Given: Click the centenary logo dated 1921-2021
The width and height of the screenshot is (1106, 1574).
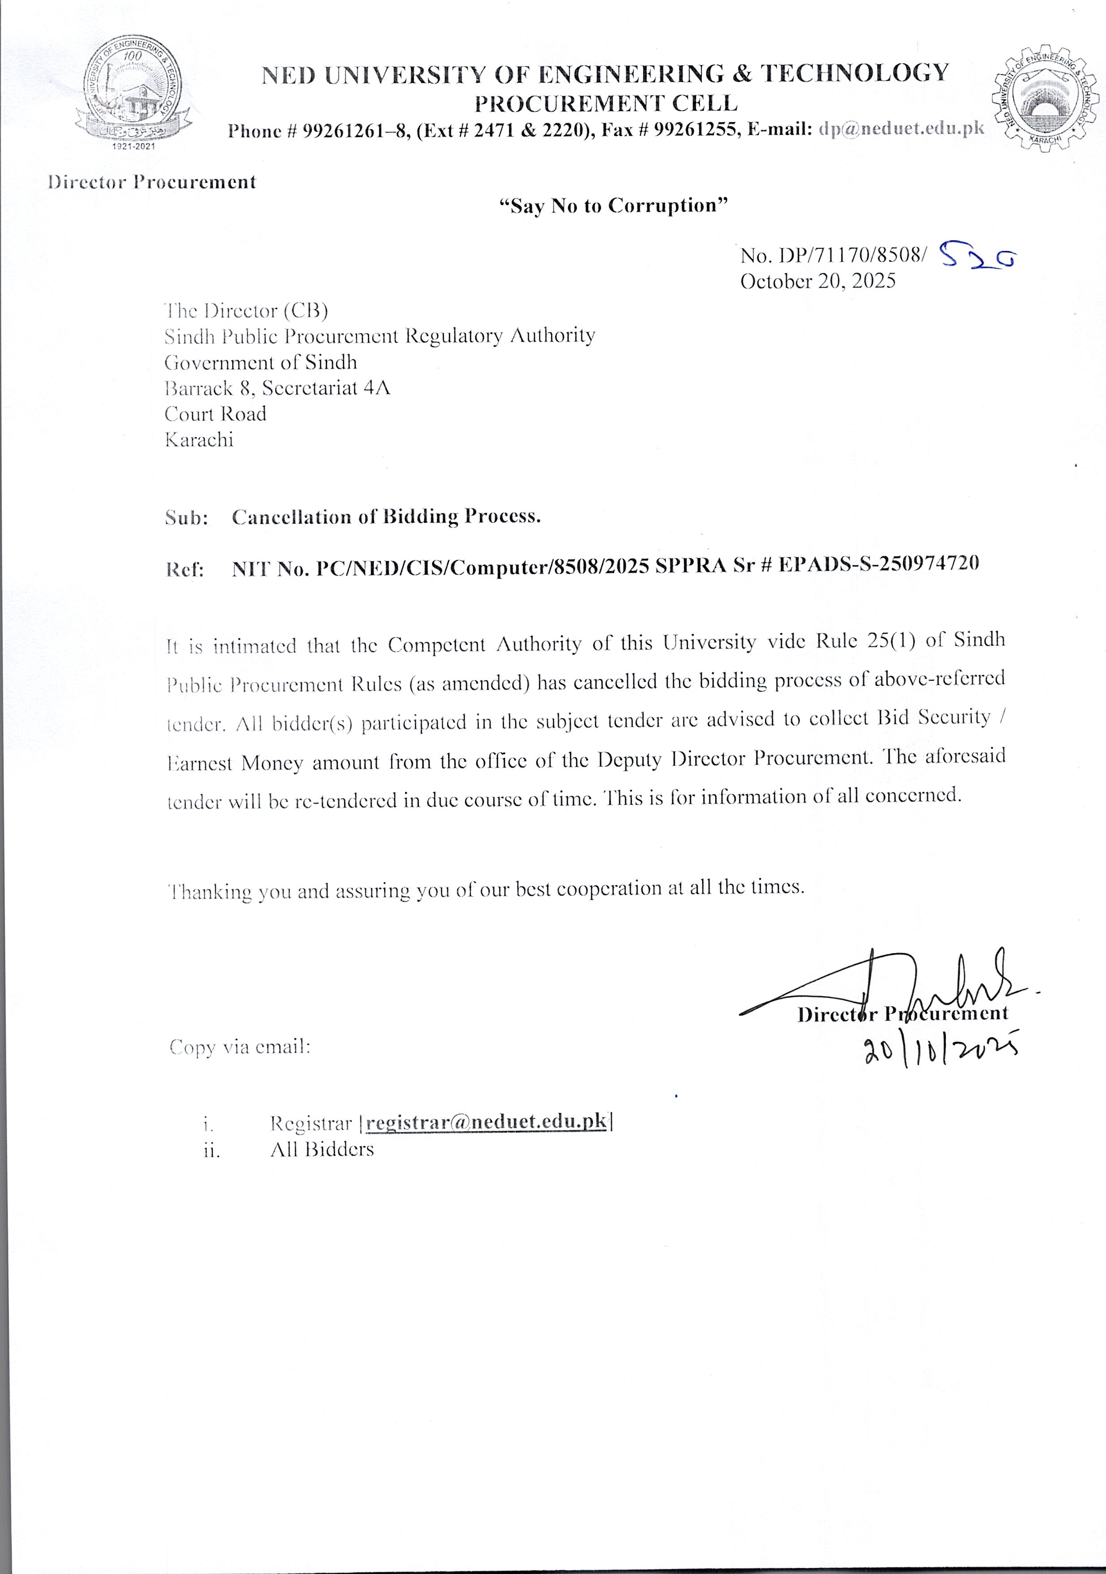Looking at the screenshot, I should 133,93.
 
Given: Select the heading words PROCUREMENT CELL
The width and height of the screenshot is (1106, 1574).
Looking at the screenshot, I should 606,103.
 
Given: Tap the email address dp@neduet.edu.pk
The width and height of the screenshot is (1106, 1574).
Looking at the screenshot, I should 901,128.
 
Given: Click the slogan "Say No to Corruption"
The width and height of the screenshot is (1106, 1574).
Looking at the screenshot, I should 613,206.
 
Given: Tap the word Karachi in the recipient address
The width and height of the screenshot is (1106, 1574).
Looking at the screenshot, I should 199,439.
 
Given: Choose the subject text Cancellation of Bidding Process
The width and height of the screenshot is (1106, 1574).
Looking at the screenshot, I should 386,516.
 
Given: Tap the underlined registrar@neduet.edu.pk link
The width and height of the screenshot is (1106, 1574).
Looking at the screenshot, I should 487,1122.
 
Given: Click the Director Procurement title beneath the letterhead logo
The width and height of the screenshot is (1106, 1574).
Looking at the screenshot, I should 151,182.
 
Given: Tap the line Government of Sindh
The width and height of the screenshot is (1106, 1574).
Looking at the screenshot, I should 261,362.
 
